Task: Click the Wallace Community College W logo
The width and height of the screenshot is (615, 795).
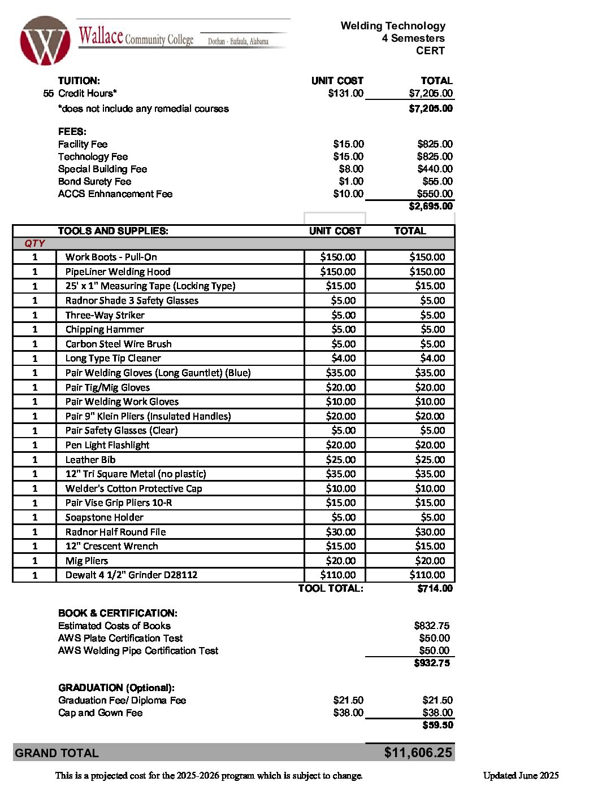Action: pyautogui.click(x=45, y=41)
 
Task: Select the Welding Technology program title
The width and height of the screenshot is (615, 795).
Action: pyautogui.click(x=393, y=26)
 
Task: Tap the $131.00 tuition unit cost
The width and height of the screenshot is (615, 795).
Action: pyautogui.click(x=345, y=93)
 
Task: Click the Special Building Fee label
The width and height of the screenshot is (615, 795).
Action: pyautogui.click(x=102, y=169)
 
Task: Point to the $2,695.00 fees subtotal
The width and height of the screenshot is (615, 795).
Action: pyautogui.click(x=431, y=206)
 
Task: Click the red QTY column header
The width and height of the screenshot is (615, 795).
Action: pyautogui.click(x=34, y=243)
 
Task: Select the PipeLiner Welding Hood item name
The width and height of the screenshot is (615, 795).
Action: pyautogui.click(x=118, y=272)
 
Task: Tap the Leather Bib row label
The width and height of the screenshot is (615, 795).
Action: pyautogui.click(x=90, y=460)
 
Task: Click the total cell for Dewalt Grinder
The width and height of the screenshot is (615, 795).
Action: pyautogui.click(x=427, y=575)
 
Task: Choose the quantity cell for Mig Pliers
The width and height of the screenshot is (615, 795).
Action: pyautogui.click(x=34, y=561)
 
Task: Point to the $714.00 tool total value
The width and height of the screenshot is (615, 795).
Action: pyautogui.click(x=435, y=588)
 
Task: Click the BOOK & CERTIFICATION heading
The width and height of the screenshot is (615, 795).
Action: pyautogui.click(x=118, y=613)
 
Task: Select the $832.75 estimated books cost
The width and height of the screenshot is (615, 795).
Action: pyautogui.click(x=431, y=626)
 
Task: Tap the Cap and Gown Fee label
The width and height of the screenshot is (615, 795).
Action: pyautogui.click(x=100, y=713)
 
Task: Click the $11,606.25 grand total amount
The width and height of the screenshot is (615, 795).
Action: pyautogui.click(x=418, y=753)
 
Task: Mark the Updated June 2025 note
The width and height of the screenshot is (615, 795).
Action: pyautogui.click(x=521, y=775)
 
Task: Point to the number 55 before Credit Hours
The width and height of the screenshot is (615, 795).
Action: pyautogui.click(x=49, y=93)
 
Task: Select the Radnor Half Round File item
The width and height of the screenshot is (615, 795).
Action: pyautogui.click(x=115, y=532)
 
